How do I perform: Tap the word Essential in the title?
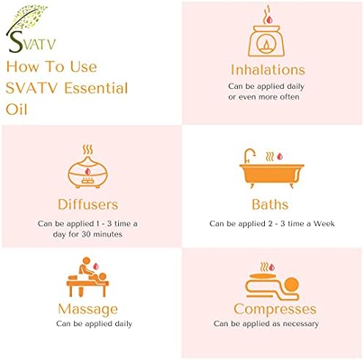pyautogui.click(x=96, y=88)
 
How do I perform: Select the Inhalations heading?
pyautogui.click(x=268, y=70)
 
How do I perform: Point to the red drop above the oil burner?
pyautogui.click(x=269, y=20)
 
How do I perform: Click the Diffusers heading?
pyautogui.click(x=88, y=204)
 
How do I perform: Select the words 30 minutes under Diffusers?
pyautogui.click(x=102, y=234)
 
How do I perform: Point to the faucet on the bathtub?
pyautogui.click(x=249, y=155)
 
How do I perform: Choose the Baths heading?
pyautogui.click(x=270, y=204)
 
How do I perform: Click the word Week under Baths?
pyautogui.click(x=324, y=223)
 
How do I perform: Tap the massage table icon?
pyautogui.click(x=87, y=277)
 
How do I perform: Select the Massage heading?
pyautogui.click(x=88, y=309)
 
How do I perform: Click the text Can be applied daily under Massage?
pyautogui.click(x=94, y=324)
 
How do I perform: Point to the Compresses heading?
pyautogui.click(x=275, y=309)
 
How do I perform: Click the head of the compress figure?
pyautogui.click(x=291, y=284)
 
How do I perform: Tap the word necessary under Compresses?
pyautogui.click(x=301, y=324)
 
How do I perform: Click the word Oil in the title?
pyautogui.click(x=16, y=109)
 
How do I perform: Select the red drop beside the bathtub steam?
pyautogui.click(x=280, y=156)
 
